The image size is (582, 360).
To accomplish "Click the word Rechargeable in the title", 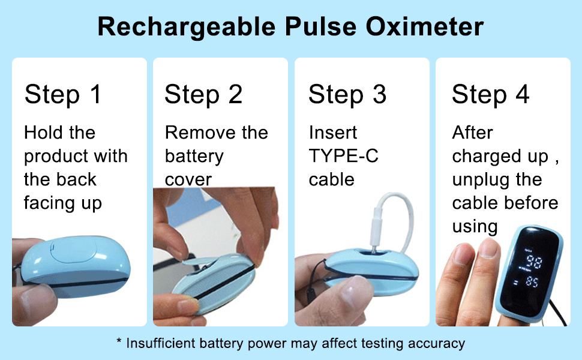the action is [187, 27].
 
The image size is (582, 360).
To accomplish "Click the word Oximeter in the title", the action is [425, 26].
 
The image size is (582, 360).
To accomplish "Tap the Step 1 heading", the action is [63, 94].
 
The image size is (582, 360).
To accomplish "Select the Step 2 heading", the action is [203, 94].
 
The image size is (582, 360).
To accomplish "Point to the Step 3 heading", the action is [347, 94].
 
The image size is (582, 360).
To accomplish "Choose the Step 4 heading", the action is [490, 94].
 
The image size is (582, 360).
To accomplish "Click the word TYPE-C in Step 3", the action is [343, 156].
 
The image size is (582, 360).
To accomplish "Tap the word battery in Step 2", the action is [194, 156].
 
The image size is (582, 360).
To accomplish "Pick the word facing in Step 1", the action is [49, 203].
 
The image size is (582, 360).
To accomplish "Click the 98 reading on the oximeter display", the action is [534, 262].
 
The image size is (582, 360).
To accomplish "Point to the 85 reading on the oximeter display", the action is [532, 282].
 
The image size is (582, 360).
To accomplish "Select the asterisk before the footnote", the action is [119, 340].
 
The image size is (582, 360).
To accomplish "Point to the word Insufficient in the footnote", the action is [161, 343].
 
